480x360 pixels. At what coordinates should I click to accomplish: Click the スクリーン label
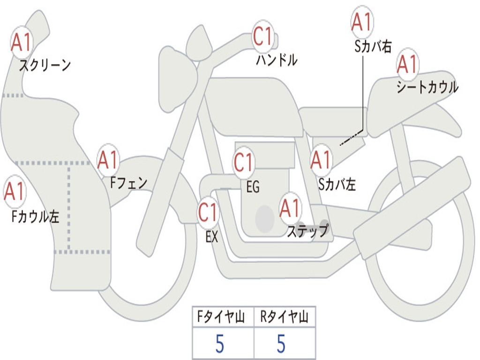tap(45, 65)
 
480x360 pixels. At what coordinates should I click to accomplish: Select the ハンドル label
tap(277, 60)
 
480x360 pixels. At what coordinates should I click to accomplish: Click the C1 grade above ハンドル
tap(263, 37)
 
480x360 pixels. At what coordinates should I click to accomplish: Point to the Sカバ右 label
tap(373, 46)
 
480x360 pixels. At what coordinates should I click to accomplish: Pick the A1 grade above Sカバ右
tap(361, 22)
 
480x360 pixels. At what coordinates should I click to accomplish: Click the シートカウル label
tap(427, 87)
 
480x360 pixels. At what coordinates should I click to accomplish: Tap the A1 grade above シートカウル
tap(407, 65)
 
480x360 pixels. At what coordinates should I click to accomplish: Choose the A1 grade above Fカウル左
tap(15, 192)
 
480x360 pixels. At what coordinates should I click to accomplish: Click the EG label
tap(253, 187)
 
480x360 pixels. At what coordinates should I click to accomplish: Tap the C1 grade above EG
tap(243, 163)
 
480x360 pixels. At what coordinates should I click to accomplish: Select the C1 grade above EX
tap(208, 213)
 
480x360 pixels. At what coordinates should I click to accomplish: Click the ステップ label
tap(307, 231)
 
